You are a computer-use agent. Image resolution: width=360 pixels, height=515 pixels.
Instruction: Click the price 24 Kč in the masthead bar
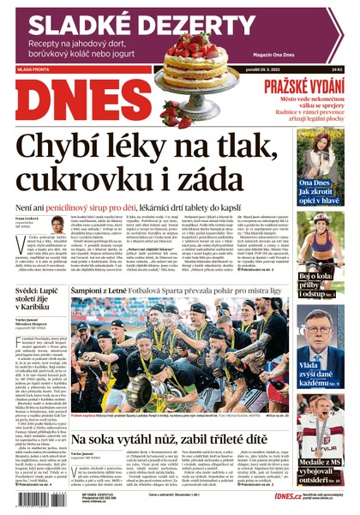[337, 69]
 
